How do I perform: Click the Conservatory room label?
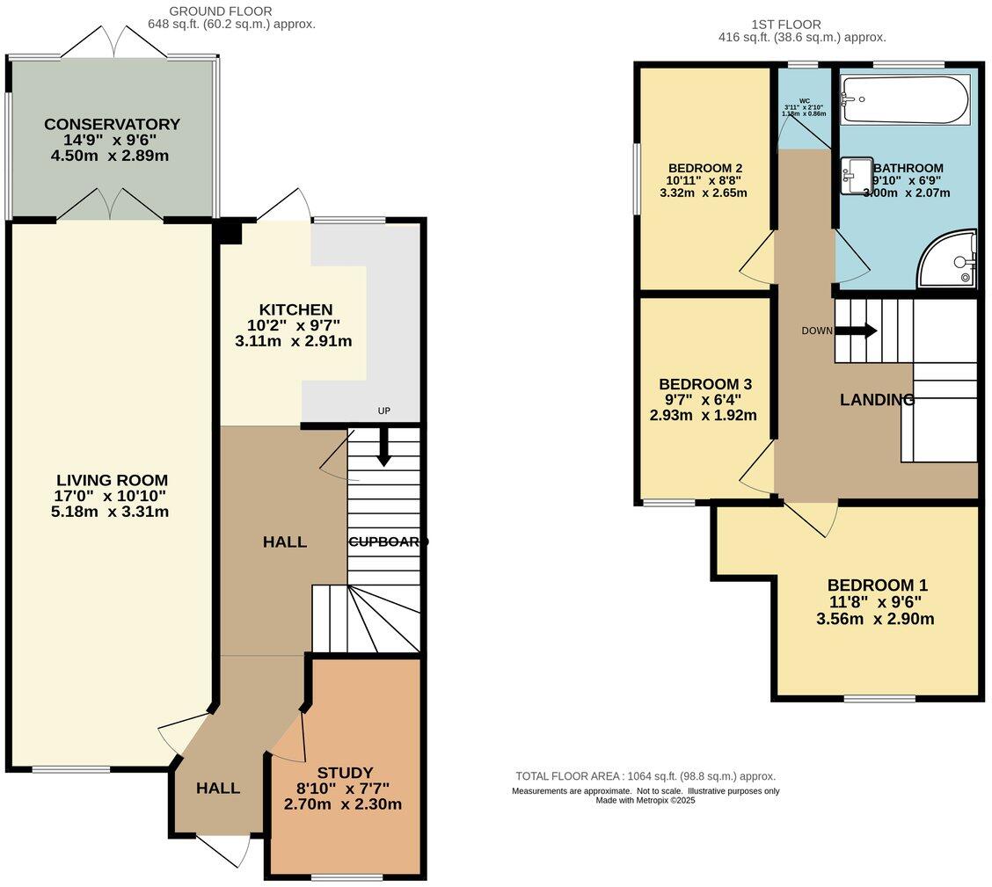(x=112, y=124)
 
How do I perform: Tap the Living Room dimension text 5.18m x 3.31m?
(x=112, y=512)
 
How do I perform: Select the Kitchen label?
(x=295, y=309)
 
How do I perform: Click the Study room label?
(x=345, y=773)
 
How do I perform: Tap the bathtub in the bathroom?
(x=905, y=99)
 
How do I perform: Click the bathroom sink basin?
(x=855, y=174)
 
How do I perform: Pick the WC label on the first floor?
(x=804, y=100)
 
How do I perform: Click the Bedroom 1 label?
(x=877, y=585)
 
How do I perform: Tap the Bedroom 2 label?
(x=706, y=168)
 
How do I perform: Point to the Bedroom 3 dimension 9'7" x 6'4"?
(x=705, y=400)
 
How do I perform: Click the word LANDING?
(x=877, y=400)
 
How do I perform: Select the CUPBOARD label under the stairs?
(x=388, y=542)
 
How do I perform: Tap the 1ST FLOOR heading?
(x=786, y=25)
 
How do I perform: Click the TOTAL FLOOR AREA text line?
(x=645, y=776)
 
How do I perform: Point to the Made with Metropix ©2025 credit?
(x=645, y=800)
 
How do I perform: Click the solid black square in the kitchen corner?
(x=230, y=231)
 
